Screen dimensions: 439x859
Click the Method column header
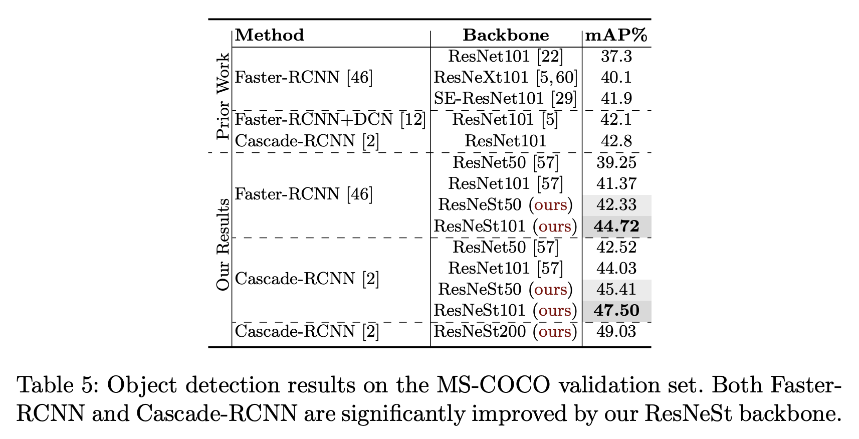[270, 35]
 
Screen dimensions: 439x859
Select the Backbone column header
[506, 35]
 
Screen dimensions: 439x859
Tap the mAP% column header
[616, 35]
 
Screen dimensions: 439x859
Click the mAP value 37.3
[616, 57]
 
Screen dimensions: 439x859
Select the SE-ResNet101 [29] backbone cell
[505, 99]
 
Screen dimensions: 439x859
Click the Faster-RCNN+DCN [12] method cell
[330, 120]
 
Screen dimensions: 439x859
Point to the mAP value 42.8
[616, 141]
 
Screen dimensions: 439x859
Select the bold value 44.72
[616, 227]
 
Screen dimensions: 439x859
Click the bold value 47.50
[616, 311]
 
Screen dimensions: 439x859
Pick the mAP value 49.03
[616, 332]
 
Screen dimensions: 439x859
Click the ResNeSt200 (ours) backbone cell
[505, 332]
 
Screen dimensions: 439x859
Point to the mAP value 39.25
[616, 162]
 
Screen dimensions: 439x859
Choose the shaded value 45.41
[616, 290]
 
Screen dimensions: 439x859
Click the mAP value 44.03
[616, 269]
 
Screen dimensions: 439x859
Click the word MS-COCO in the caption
[493, 385]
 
